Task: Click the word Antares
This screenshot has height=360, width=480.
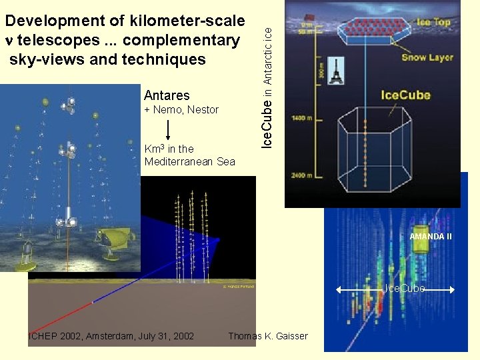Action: click(167, 96)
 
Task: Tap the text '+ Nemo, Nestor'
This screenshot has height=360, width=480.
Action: click(181, 110)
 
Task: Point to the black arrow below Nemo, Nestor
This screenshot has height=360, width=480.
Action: click(169, 130)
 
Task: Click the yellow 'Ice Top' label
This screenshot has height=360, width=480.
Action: click(433, 22)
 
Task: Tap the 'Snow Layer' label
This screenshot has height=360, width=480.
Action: click(427, 57)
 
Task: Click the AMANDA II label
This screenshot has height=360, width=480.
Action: click(431, 236)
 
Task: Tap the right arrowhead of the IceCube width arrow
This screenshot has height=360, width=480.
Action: click(452, 289)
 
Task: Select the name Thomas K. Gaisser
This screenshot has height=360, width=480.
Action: click(268, 336)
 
